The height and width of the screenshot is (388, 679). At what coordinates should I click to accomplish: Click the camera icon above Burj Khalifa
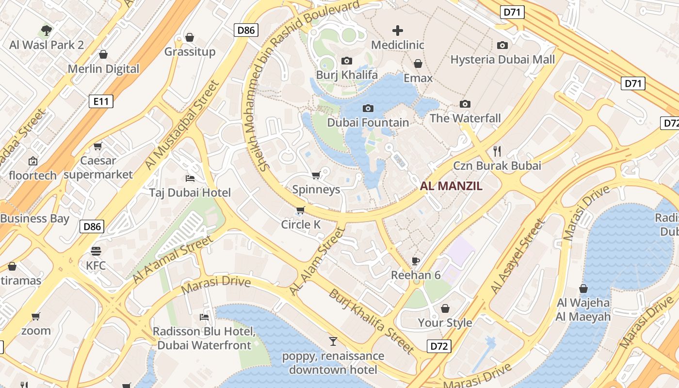point(346,61)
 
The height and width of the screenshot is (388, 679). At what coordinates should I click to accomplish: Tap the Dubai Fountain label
point(368,122)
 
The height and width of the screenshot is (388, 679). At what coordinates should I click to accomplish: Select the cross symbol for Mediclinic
point(398,31)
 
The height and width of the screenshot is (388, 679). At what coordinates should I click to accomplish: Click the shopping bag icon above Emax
point(418,64)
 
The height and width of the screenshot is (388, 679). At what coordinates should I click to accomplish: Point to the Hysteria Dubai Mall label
point(502,60)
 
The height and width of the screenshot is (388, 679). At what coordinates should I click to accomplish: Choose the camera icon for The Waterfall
point(465,104)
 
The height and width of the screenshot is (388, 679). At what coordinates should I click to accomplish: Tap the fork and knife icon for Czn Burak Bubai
point(497,151)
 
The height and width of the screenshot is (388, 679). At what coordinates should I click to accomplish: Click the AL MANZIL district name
point(451,186)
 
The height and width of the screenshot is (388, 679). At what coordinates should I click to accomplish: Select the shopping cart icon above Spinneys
point(316,175)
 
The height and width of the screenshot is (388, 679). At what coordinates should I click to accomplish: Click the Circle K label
point(301,225)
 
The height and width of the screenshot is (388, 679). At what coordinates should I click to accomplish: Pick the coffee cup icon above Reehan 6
point(416,261)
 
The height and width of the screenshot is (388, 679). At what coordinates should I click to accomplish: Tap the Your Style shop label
point(445,323)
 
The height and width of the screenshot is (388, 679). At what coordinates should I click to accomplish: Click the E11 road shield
point(101,101)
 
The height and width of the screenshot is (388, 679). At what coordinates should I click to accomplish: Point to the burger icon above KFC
point(96,251)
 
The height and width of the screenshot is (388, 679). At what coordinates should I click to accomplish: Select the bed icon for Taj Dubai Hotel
point(190,178)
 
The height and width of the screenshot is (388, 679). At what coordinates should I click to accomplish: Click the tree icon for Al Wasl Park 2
point(47,31)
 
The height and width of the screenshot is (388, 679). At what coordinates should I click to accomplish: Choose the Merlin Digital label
point(103,69)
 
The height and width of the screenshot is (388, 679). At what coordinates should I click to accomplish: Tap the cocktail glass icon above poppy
point(333,341)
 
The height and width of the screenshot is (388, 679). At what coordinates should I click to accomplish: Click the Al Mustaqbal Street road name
point(182,126)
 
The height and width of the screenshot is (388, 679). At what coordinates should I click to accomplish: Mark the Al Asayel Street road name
point(517,257)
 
